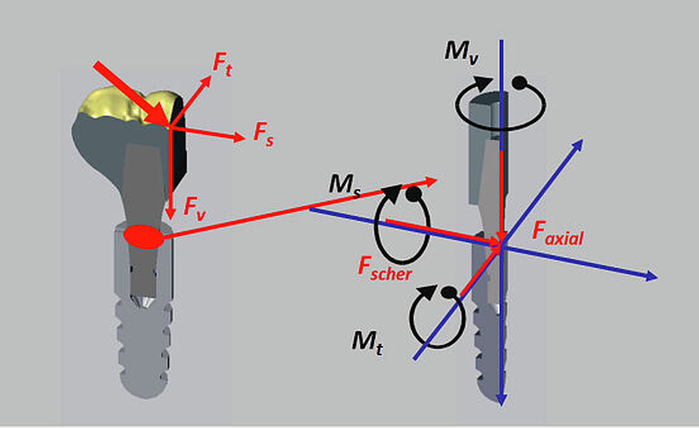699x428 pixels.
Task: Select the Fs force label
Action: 263,134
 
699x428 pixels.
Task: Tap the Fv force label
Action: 194,208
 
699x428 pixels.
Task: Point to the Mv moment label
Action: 461,52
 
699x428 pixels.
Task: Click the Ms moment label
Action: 344,185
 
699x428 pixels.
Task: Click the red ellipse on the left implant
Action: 144,237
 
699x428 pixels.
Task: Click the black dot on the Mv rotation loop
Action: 519,82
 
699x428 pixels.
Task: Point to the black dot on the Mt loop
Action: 448,293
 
